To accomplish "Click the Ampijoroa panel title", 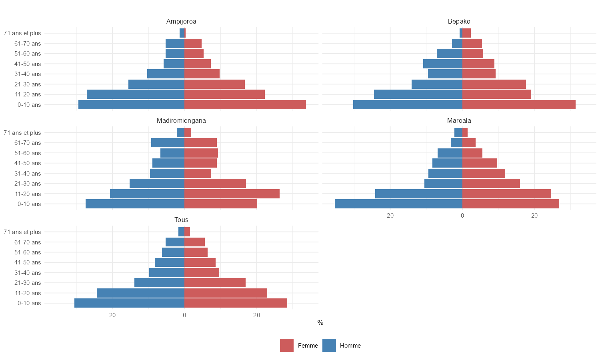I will [x=181, y=22].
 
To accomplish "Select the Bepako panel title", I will [x=459, y=22].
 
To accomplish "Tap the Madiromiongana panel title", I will [x=181, y=121].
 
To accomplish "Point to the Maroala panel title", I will [x=459, y=121].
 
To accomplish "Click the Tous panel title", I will [x=181, y=220].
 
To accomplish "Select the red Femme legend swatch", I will [x=287, y=346].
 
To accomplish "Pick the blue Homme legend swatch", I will [x=329, y=346].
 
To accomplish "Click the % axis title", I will [x=320, y=323].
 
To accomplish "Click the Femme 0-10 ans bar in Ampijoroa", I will [x=245, y=105].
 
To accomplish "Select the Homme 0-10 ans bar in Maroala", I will [x=398, y=204].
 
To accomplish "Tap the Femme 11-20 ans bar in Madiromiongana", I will [x=232, y=194].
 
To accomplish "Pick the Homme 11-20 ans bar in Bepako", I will [x=418, y=94].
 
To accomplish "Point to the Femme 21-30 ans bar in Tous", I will [x=215, y=283].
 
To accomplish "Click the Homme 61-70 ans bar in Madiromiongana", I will [x=168, y=143].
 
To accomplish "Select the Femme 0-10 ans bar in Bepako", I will [x=519, y=105].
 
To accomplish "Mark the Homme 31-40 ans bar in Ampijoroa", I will [x=166, y=74].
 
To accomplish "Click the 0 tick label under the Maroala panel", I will [x=462, y=216].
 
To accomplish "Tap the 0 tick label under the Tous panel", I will [x=184, y=315].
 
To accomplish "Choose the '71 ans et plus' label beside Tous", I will [x=22, y=232].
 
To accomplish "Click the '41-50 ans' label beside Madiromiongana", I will [x=28, y=163].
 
